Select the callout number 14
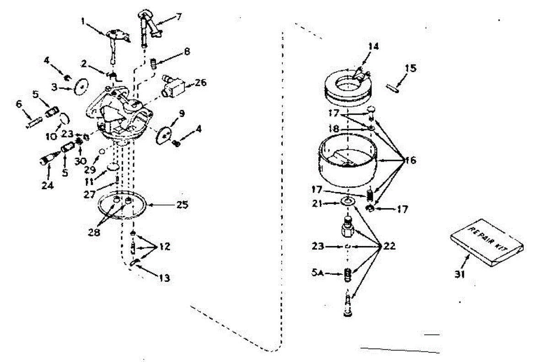[373, 46]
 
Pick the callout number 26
[200, 83]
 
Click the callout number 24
[47, 186]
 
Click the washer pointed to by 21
[349, 202]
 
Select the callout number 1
[83, 20]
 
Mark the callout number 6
[19, 104]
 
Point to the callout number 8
[187, 52]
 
